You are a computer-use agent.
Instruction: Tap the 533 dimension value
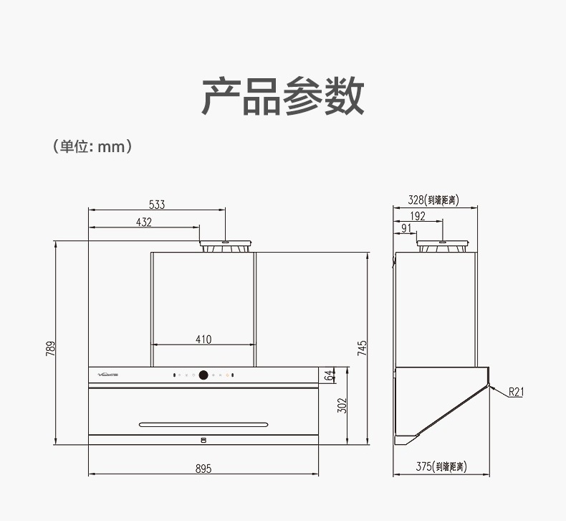[x=157, y=205]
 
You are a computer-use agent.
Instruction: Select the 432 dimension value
[x=144, y=222]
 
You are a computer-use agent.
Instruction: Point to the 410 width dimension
[x=203, y=339]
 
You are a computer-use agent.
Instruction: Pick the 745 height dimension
[x=363, y=348]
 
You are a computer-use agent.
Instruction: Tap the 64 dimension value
[x=329, y=375]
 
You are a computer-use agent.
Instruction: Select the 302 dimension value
[x=342, y=405]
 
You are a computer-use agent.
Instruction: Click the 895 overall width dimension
[x=203, y=469]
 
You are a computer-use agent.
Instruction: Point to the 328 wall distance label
[x=433, y=200]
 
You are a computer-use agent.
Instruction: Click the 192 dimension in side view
[x=418, y=216]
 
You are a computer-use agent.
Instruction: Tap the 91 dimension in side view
[x=406, y=229]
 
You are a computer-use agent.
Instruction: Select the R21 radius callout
[x=516, y=391]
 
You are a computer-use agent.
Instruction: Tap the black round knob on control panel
[x=203, y=375]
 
